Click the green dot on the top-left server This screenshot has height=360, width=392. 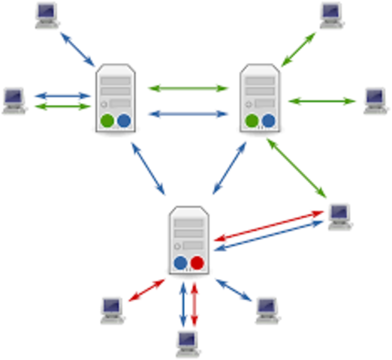click(107, 120)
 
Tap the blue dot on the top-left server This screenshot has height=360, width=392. click(124, 120)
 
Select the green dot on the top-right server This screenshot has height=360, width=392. click(252, 121)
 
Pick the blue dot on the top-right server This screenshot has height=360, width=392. click(269, 121)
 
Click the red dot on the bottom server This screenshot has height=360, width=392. click(197, 262)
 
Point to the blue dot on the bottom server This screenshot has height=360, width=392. click(180, 262)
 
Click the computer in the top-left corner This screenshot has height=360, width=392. click(47, 15)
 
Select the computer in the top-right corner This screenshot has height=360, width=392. click(330, 15)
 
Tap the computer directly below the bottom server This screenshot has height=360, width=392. click(188, 343)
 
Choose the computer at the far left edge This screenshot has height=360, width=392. click(14, 100)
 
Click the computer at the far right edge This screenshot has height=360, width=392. click(375, 100)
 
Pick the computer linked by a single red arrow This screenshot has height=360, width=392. click(112, 309)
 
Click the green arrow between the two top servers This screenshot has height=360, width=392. click(188, 88)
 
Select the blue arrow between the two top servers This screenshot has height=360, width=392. click(188, 114)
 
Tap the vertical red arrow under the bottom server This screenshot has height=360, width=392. click(194, 304)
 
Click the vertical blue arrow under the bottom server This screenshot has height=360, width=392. click(182, 304)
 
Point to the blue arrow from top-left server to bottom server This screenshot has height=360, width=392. click(149, 166)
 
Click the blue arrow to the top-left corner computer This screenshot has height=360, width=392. click(77, 48)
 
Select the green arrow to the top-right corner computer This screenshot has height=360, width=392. click(298, 48)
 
